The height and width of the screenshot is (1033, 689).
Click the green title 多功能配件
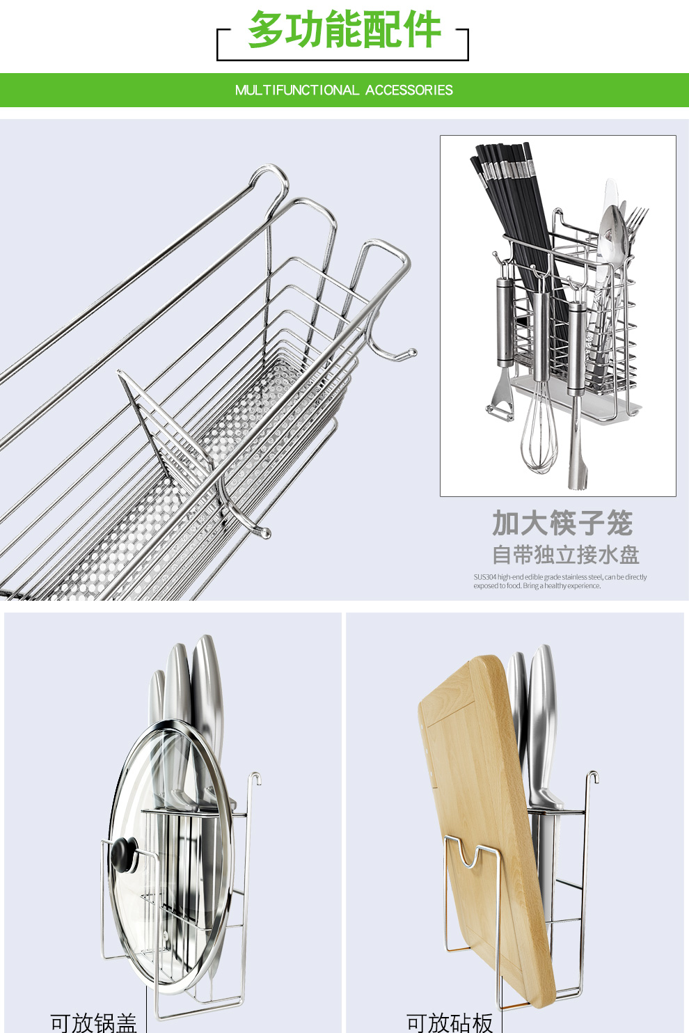tap(344, 31)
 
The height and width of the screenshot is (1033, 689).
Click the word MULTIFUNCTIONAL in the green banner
tap(296, 90)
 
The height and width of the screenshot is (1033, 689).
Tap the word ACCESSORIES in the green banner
tap(409, 90)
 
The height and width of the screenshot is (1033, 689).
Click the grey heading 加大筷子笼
tap(562, 523)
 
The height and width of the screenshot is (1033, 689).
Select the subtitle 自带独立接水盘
tap(565, 555)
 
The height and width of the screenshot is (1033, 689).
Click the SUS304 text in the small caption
tap(485, 577)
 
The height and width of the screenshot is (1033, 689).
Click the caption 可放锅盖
tap(93, 1022)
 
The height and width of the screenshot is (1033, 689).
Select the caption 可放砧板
tap(450, 1022)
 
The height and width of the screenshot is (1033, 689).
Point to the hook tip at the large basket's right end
tap(411, 354)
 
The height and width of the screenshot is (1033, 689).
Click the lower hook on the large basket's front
tap(262, 532)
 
